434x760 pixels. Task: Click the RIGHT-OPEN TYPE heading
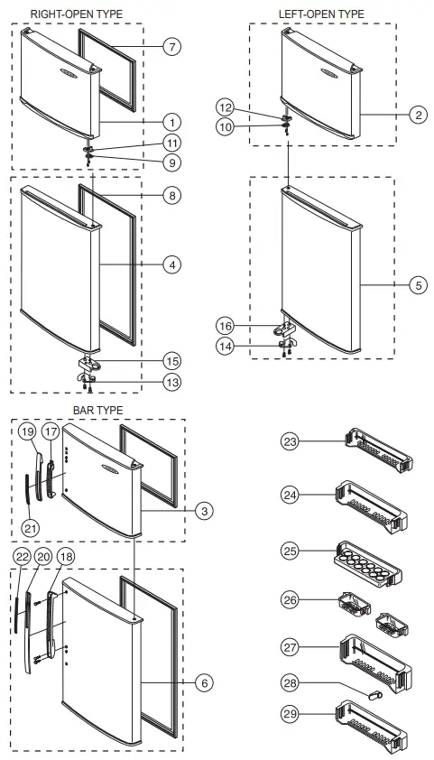(x=77, y=14)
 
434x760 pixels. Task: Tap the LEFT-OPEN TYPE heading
(x=321, y=14)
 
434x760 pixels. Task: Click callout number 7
(x=171, y=45)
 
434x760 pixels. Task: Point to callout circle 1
(x=171, y=121)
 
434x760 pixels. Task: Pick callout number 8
(x=171, y=194)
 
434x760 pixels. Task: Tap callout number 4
(x=171, y=264)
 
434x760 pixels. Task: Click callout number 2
(x=418, y=115)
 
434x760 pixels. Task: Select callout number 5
(x=418, y=285)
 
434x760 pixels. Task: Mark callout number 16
(x=226, y=325)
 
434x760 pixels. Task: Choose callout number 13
(x=171, y=382)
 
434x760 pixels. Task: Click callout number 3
(x=205, y=510)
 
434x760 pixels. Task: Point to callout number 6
(x=205, y=683)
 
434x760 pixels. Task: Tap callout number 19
(x=28, y=432)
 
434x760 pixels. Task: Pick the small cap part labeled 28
(x=374, y=692)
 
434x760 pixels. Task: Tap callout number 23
(x=290, y=441)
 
